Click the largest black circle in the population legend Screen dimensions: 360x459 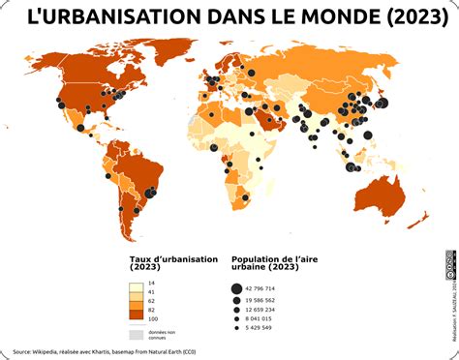coord(236,288)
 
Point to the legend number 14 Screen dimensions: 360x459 coord(151,282)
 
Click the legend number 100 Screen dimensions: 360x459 coord(153,318)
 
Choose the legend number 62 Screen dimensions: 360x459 coord(151,300)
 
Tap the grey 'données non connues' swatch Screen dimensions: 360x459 coord(137,334)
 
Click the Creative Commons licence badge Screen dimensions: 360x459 coord(450,264)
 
